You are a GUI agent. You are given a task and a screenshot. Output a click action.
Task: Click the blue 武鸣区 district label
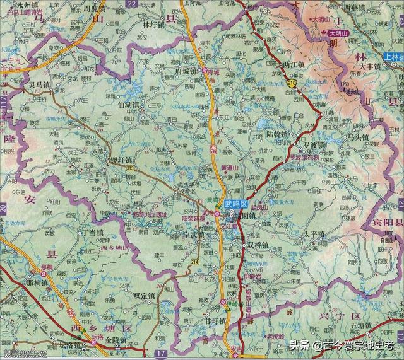tap(237, 204)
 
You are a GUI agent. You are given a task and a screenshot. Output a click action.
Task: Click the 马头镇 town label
tap(357, 136)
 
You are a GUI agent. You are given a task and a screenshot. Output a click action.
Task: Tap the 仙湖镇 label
tap(129, 104)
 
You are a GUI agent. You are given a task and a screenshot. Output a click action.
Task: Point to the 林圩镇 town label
tap(153, 25)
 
